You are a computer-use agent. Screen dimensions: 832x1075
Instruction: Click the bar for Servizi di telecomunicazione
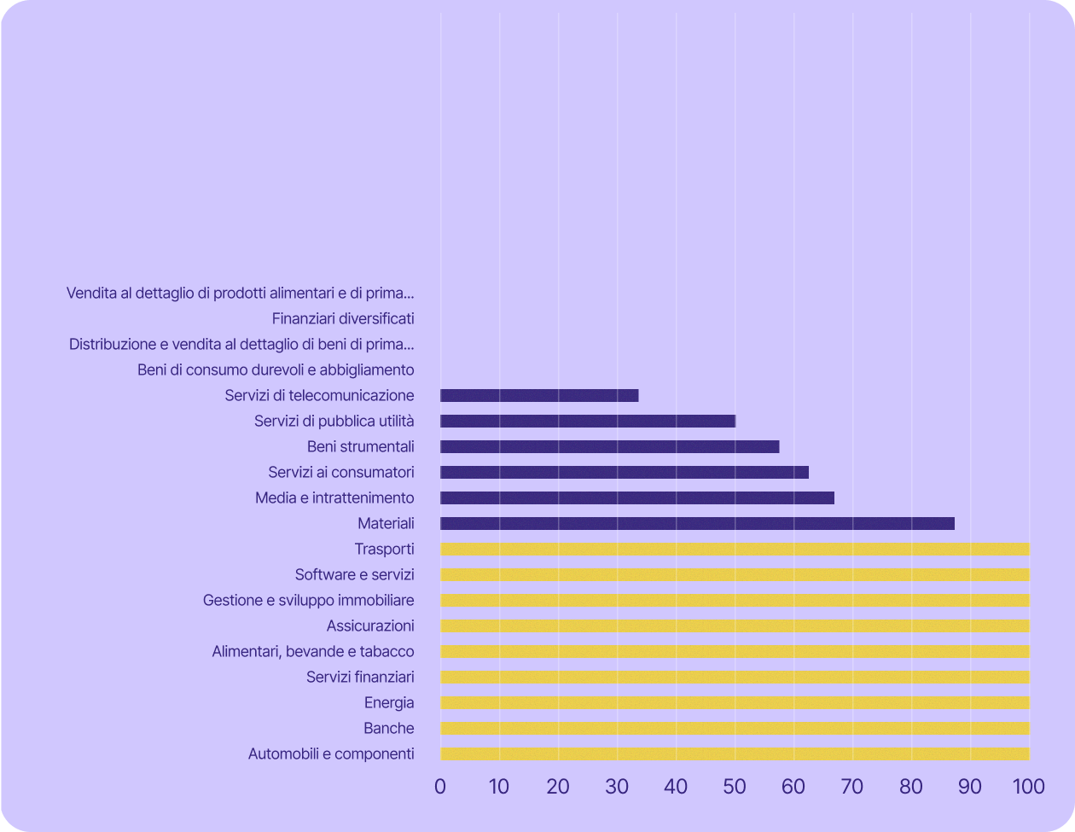tap(539, 395)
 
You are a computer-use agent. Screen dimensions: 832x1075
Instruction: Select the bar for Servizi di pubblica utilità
tap(588, 421)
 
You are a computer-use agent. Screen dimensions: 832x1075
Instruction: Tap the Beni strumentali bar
tap(610, 446)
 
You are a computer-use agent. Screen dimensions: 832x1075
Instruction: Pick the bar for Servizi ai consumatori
tap(625, 472)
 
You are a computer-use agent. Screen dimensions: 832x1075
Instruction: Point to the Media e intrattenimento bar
tap(637, 497)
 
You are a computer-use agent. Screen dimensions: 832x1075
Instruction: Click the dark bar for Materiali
tap(697, 523)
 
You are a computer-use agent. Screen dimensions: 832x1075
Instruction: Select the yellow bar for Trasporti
tap(735, 549)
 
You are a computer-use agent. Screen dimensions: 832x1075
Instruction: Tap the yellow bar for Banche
tap(735, 728)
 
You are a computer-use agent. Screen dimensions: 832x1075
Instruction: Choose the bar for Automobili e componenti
tap(735, 753)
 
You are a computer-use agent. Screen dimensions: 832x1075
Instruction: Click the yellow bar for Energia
tap(735, 702)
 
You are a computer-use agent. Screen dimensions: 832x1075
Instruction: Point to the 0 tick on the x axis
tap(440, 786)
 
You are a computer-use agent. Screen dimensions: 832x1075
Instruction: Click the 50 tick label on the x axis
tap(735, 786)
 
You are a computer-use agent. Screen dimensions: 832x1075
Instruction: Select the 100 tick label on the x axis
tap(1028, 786)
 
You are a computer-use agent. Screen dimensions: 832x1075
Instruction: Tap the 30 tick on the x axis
tap(617, 786)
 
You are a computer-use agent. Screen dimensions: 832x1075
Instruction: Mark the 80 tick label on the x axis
tap(911, 786)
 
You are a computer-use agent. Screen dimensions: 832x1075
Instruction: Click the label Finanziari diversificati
tap(343, 318)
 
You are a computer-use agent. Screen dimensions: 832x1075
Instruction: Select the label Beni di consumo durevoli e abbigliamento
tap(276, 369)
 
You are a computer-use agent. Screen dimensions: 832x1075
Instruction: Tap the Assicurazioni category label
tap(370, 625)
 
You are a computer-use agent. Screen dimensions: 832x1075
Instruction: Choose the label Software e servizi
tap(354, 574)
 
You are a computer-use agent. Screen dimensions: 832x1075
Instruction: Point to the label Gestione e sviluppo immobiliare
tap(308, 600)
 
